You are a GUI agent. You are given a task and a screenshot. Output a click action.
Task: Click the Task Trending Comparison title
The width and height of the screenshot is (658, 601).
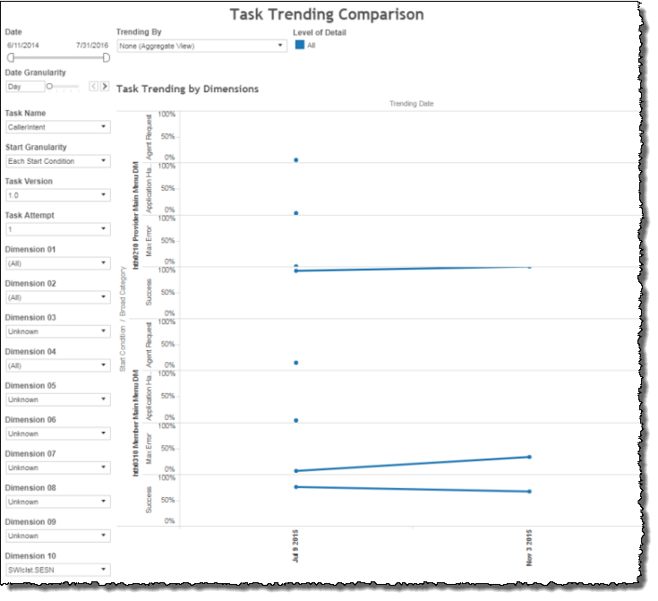pos(327,14)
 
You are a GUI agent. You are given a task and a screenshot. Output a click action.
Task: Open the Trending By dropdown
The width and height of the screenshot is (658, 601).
pos(201,45)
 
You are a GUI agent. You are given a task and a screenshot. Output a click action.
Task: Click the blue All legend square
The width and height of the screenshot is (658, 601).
pos(300,45)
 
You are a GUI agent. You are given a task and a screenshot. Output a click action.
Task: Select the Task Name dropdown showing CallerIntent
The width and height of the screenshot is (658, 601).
pos(57,127)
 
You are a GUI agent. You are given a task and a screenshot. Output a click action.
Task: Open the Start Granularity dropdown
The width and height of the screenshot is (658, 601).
pos(57,161)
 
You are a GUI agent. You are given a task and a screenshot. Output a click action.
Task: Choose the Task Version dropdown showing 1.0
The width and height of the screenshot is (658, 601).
pos(57,195)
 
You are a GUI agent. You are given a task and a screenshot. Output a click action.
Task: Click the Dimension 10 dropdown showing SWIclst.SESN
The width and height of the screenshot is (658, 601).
pos(57,570)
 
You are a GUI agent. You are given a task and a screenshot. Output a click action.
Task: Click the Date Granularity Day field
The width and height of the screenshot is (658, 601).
pos(24,87)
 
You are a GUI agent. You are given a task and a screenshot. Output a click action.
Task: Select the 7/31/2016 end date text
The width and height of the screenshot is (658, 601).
pos(92,44)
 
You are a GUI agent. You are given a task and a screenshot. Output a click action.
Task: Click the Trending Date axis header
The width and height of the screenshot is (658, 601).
pos(412,104)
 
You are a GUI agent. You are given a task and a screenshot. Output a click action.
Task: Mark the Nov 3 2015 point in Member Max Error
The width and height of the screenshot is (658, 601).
pos(529,457)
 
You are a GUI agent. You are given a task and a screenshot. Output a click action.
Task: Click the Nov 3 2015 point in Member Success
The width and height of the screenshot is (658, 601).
pos(529,492)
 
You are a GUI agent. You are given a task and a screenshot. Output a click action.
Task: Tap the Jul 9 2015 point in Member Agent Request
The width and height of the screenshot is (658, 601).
pos(295,363)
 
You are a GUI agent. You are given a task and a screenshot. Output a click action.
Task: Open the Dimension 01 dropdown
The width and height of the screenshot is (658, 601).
pos(57,263)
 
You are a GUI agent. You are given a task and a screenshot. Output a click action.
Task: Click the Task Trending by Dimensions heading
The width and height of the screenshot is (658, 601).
pos(187,89)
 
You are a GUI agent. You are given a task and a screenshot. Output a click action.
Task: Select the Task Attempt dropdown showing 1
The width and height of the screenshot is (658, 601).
pos(57,229)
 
